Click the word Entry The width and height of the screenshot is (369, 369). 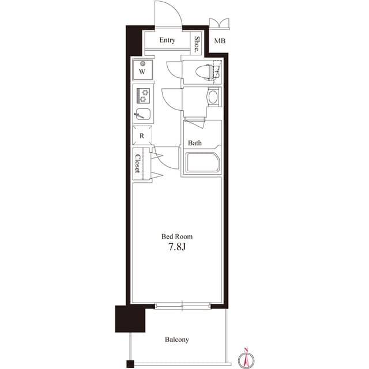click(167, 40)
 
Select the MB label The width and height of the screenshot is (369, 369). click(220, 42)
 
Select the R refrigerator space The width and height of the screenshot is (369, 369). click(142, 136)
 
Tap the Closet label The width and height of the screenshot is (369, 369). click(138, 163)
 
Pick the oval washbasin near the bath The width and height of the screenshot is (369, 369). click(213, 97)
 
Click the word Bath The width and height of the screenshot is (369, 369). click(195, 143)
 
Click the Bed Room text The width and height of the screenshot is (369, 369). click(176, 236)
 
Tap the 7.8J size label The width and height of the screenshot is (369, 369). click(176, 248)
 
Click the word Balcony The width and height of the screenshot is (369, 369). click(176, 340)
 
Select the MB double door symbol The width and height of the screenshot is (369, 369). click(220, 23)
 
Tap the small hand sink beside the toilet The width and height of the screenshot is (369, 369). click(217, 72)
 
